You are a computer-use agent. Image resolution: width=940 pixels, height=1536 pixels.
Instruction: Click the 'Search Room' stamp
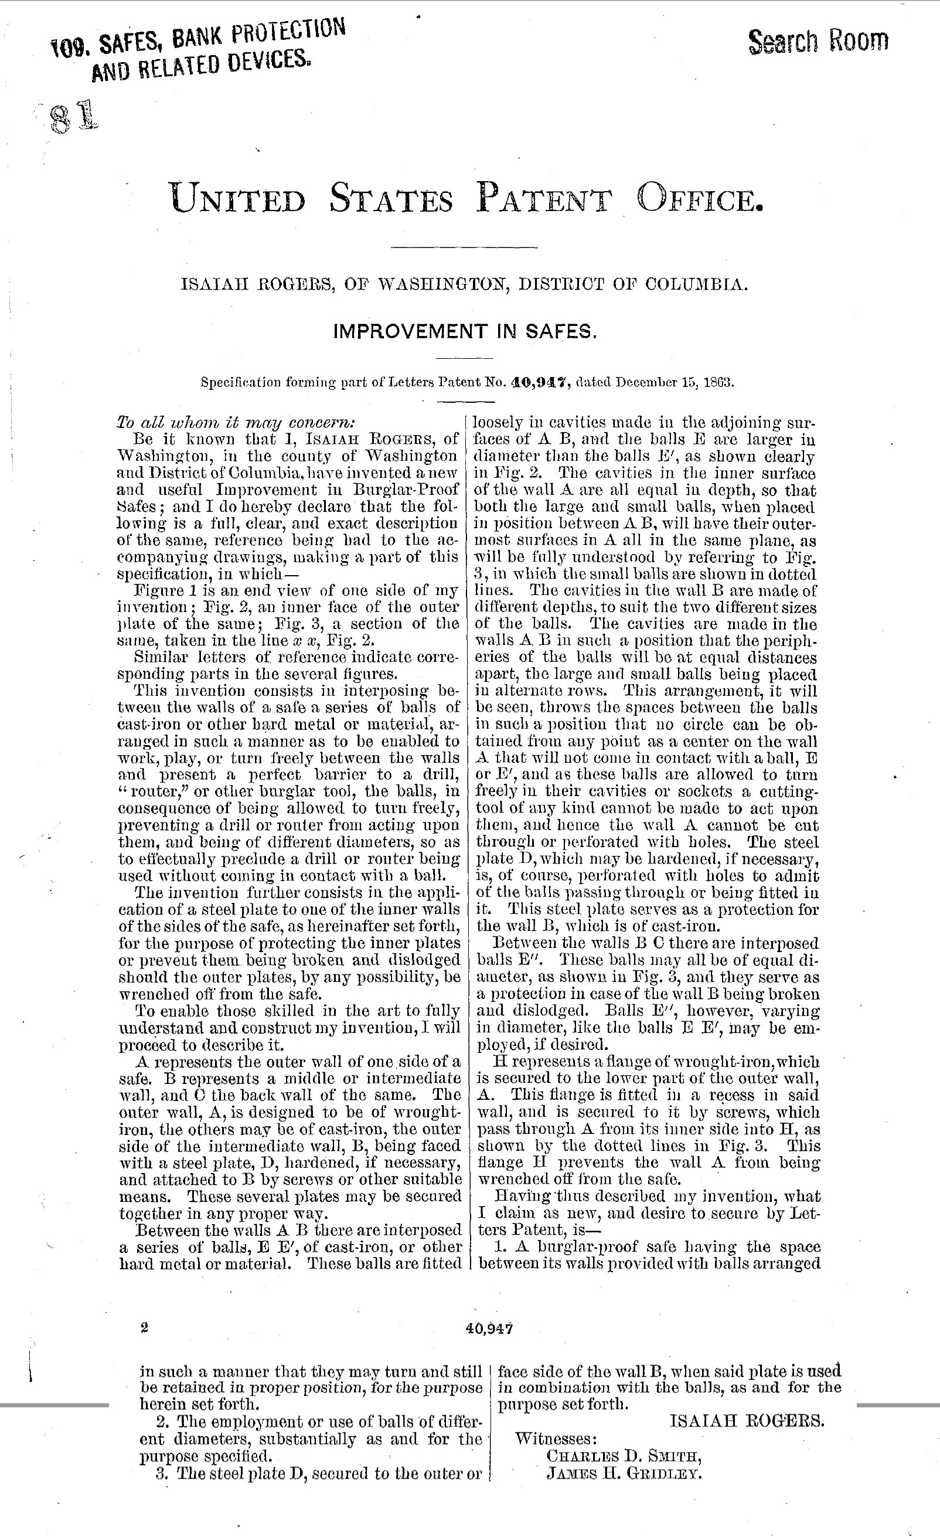pyautogui.click(x=818, y=41)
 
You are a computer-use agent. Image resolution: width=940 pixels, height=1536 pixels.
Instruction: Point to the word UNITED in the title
pyautogui.click(x=237, y=198)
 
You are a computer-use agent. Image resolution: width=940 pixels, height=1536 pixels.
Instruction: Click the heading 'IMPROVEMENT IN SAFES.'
pyautogui.click(x=465, y=331)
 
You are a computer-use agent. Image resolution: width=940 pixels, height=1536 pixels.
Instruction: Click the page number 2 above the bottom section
pyautogui.click(x=145, y=1328)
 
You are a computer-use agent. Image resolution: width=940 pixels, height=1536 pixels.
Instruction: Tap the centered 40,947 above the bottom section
pyautogui.click(x=489, y=1328)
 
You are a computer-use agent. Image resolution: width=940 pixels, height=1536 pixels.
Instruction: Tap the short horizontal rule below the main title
pyautogui.click(x=464, y=248)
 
